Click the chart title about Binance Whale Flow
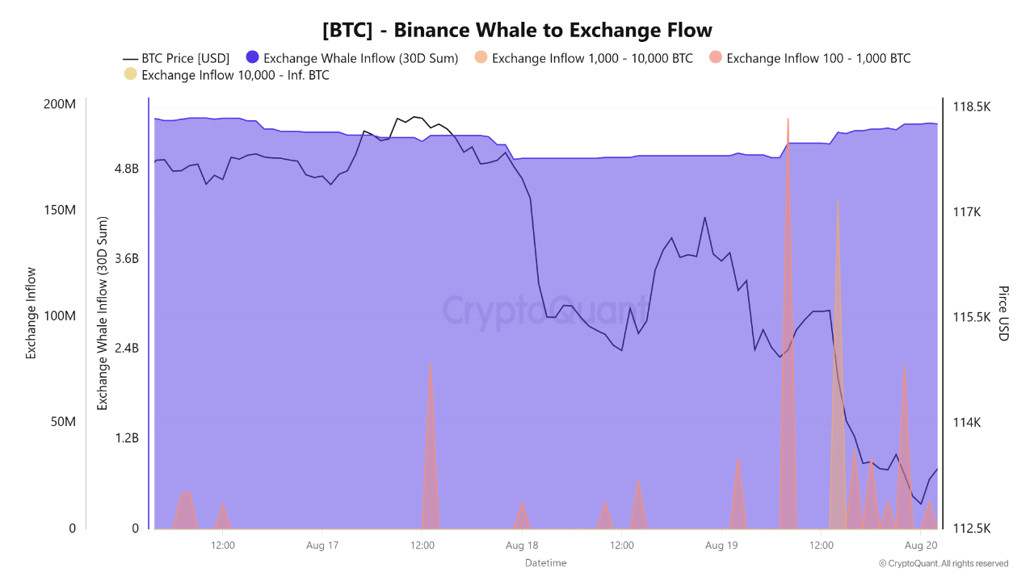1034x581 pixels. pos(517,31)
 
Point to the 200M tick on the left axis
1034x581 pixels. pos(61,105)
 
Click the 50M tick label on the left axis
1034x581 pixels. pos(64,423)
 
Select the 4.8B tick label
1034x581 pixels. pos(126,169)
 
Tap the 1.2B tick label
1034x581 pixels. pos(126,438)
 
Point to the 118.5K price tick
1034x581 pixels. pos(972,107)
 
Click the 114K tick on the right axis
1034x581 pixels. pos(968,423)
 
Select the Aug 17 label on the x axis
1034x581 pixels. pos(322,545)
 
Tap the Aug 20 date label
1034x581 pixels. pos(920,545)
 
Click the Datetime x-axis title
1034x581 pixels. pos(545,562)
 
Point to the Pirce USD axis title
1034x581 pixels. pos(1003,313)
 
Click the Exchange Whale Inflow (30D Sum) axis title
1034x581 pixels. pos(103,313)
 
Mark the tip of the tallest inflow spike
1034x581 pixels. pos(788,118)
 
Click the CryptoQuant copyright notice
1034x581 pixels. pos(944,563)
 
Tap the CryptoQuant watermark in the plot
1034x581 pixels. pos(545,311)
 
